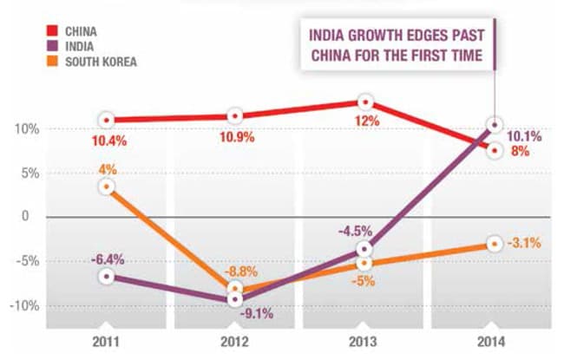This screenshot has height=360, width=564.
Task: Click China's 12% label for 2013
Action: point(366,121)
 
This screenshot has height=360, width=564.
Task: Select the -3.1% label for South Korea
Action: point(524,244)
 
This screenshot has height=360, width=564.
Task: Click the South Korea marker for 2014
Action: point(494,245)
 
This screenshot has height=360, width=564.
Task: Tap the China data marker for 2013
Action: point(365,102)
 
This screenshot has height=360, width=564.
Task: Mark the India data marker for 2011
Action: point(106,276)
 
